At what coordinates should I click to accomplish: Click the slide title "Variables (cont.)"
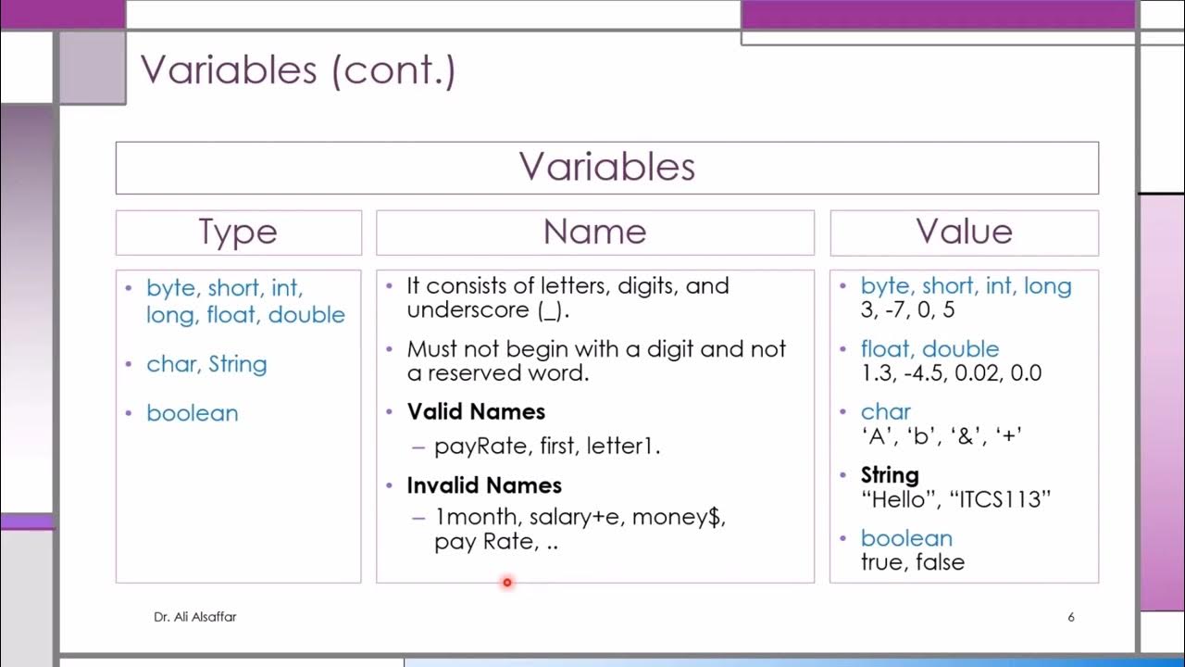coord(297,70)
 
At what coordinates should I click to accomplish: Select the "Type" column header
coord(238,233)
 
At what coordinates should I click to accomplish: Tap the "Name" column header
coord(594,233)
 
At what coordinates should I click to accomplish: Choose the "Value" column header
coord(964,233)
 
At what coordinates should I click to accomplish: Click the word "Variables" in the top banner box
coord(606,168)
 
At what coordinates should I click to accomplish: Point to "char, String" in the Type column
coord(206,365)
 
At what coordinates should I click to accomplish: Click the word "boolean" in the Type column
coord(192,413)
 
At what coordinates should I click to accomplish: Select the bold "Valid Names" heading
coord(476,412)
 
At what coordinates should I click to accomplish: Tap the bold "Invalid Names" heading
coord(484,485)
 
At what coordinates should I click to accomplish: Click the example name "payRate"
coord(472,447)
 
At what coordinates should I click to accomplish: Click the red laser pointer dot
coord(507,583)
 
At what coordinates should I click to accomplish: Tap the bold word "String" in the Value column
coord(890,476)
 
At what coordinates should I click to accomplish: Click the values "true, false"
coord(912,562)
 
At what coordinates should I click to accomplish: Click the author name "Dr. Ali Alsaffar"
coord(194,617)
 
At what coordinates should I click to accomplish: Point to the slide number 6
coord(1071,617)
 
